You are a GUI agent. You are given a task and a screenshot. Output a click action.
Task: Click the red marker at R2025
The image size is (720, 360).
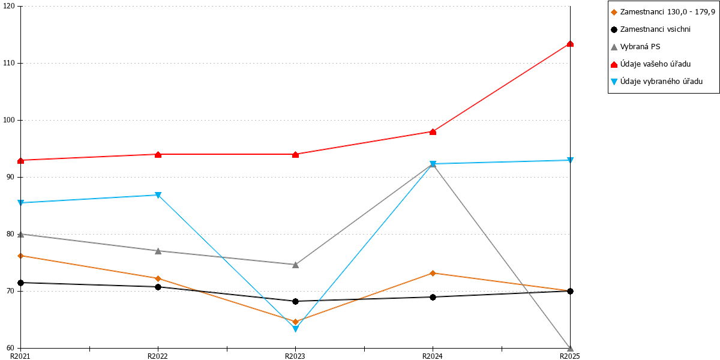coord(570,44)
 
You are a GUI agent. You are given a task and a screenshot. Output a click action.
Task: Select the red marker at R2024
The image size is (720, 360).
coord(433,132)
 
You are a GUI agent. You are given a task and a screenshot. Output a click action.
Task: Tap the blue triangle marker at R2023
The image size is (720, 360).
coord(295,329)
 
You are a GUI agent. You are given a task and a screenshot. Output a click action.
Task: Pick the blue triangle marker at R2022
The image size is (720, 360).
coord(158,195)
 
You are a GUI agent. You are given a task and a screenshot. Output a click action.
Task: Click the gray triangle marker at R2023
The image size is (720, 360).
coord(295,265)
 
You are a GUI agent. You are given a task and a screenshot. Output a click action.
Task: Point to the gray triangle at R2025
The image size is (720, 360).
coord(570,348)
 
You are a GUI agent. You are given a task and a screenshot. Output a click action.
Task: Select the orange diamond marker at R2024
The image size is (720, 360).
coord(433,273)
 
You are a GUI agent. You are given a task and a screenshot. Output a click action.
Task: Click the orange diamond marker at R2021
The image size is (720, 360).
coord(21,256)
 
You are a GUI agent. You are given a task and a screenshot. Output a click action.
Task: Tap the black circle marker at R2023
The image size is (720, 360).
coord(295,301)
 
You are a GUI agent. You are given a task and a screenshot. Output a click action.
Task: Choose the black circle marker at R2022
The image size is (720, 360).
coord(158,287)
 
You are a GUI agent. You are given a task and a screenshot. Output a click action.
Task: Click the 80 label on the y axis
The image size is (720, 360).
coord(10,234)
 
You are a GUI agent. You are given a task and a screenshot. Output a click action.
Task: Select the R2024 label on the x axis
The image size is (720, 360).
coord(433,356)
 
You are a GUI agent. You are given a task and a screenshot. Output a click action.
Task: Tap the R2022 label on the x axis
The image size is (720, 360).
coord(157,356)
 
